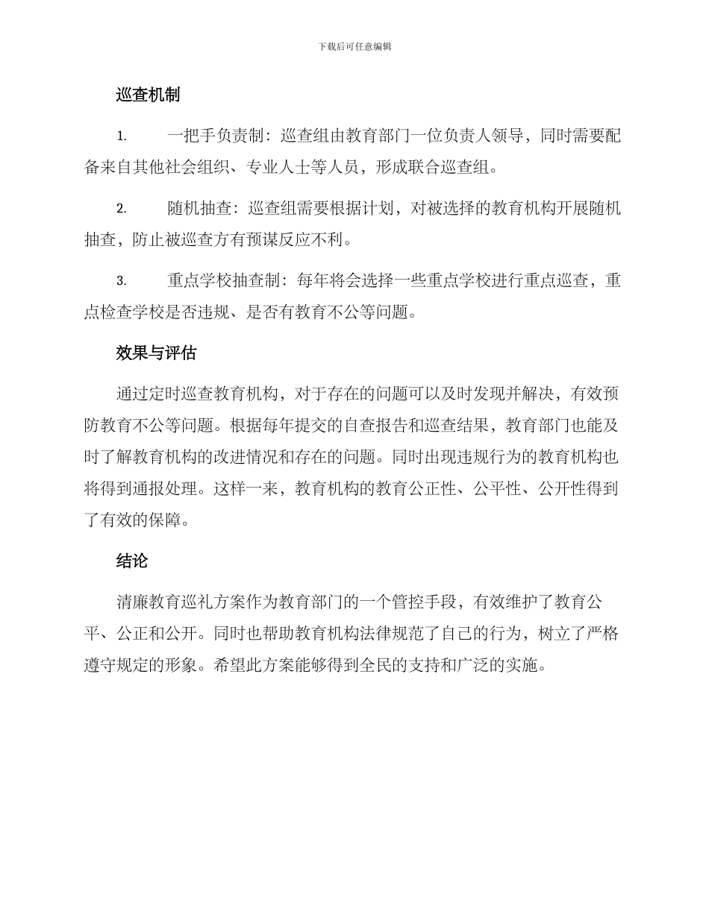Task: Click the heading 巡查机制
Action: click(148, 95)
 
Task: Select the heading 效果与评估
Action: click(156, 353)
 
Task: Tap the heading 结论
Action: click(131, 561)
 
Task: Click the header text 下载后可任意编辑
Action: click(354, 46)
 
